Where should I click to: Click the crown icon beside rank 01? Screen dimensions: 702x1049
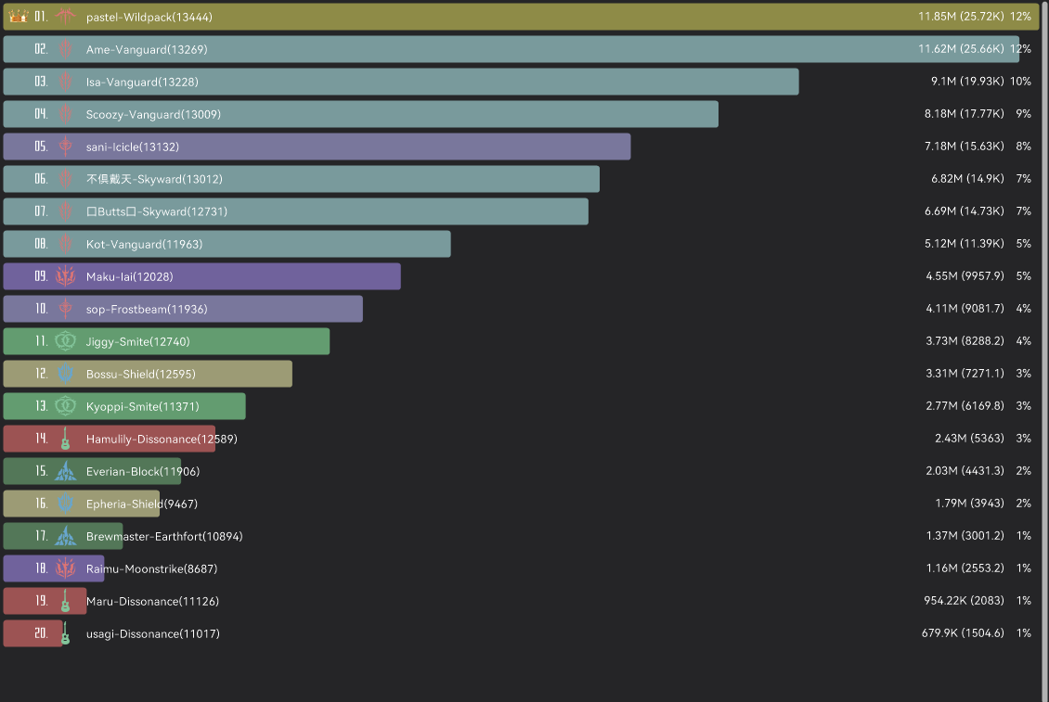(19, 17)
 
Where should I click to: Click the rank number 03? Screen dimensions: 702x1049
(41, 82)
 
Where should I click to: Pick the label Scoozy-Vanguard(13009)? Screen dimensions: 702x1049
(153, 114)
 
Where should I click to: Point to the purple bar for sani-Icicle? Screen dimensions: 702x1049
(371, 147)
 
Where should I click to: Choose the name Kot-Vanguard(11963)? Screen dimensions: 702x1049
(144, 244)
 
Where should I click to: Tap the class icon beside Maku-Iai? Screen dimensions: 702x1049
(65, 276)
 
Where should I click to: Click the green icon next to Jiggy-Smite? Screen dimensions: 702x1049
(65, 341)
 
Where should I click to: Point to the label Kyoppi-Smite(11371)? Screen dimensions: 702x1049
(142, 406)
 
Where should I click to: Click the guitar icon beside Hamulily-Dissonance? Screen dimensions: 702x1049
(65, 439)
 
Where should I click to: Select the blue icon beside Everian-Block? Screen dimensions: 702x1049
(65, 471)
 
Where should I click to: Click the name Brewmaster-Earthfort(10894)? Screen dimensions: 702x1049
(164, 536)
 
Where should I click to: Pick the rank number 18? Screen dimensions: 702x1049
(41, 568)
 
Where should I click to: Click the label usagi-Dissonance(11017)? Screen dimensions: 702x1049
(152, 633)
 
